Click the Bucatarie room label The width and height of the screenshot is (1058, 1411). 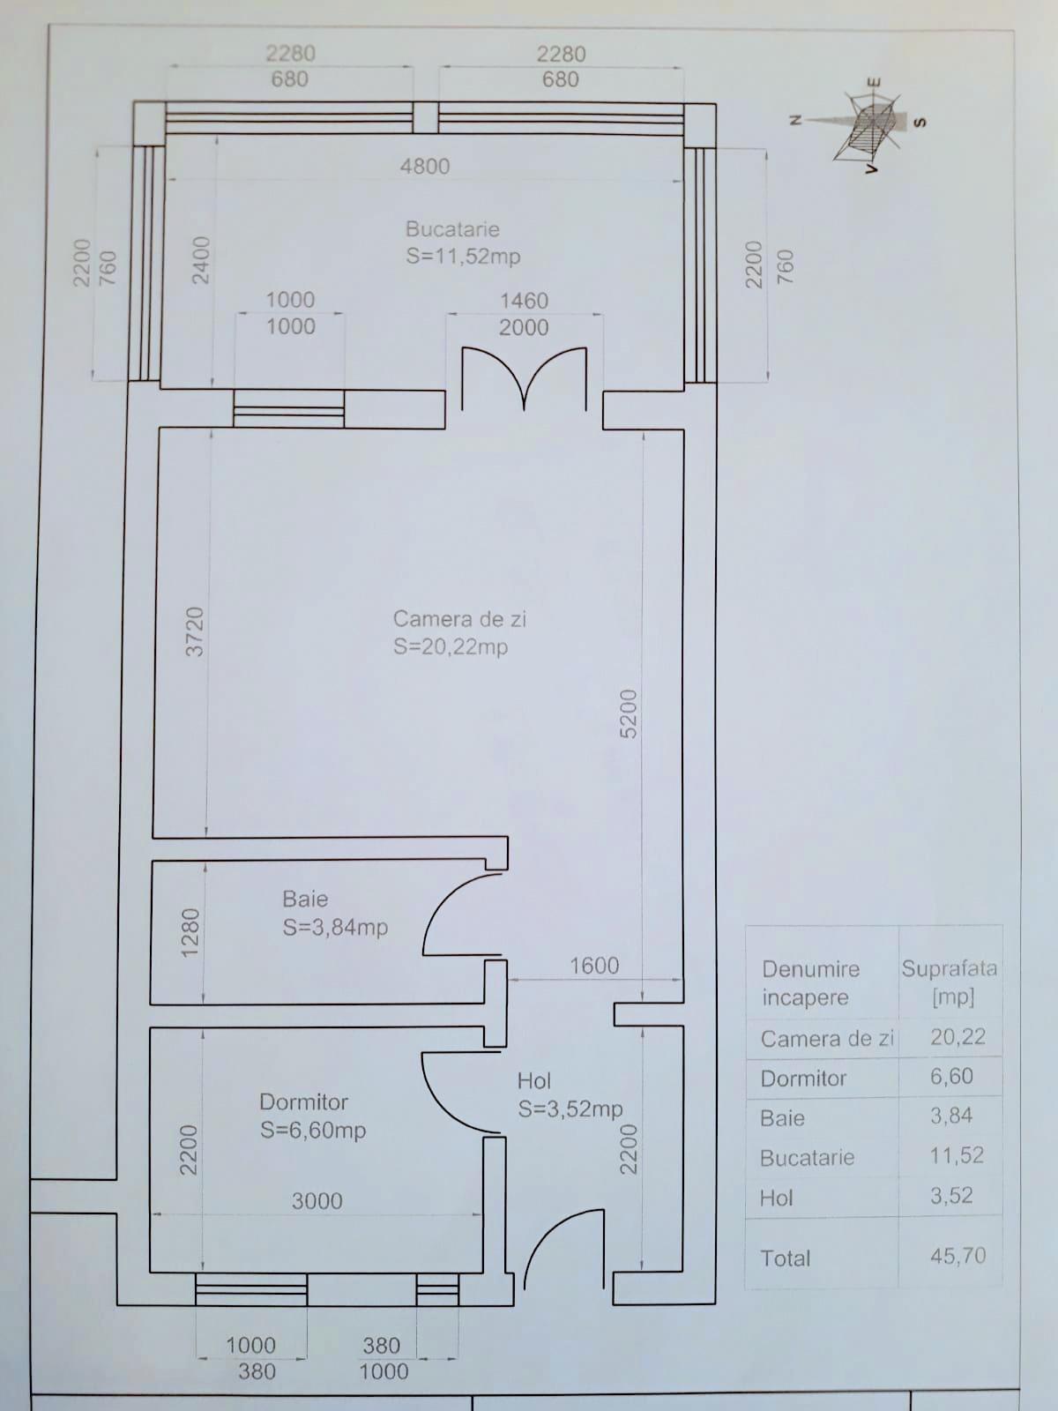tap(453, 230)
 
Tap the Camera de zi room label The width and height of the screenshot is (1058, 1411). tap(458, 619)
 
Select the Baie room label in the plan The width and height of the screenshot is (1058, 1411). tap(305, 900)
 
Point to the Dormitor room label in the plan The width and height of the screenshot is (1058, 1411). tap(303, 1102)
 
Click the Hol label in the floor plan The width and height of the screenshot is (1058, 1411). tap(534, 1081)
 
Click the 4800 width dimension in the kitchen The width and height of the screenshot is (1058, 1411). tap(425, 167)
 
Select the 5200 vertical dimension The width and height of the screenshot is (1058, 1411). tap(629, 713)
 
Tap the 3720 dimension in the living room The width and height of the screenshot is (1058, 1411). tap(195, 631)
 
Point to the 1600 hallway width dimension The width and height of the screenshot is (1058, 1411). tap(594, 966)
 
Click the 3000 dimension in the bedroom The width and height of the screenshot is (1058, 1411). tap(317, 1201)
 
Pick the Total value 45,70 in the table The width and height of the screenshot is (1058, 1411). tap(957, 1256)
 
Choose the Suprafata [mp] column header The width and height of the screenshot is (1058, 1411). tap(950, 982)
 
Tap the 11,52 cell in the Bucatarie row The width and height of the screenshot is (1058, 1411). tap(956, 1156)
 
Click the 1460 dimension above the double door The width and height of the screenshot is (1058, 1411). tap(524, 301)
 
